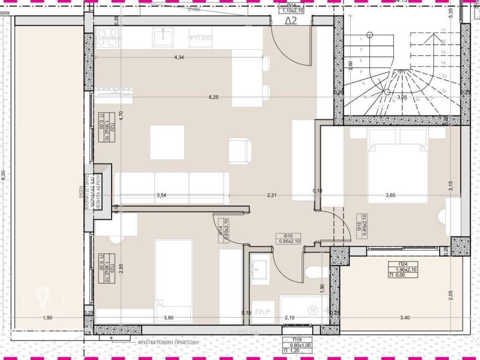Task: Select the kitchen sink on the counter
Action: tap(164, 36)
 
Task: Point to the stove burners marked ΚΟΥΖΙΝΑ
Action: tap(108, 37)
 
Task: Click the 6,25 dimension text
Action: tap(214, 97)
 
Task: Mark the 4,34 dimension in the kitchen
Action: tap(179, 58)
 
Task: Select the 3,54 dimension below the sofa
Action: tap(162, 195)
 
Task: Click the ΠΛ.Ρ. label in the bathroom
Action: tap(260, 310)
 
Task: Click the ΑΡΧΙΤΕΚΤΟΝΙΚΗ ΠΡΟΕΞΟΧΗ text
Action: tap(168, 343)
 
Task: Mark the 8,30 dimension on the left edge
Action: tap(4, 174)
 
